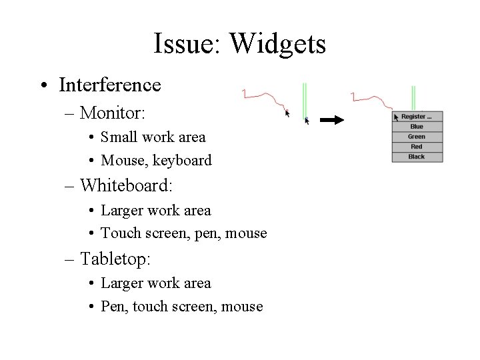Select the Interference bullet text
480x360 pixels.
pyautogui.click(x=109, y=85)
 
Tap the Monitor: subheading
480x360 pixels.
pyautogui.click(x=113, y=113)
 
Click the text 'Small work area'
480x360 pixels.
pyautogui.click(x=153, y=137)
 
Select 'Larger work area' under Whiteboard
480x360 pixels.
pyautogui.click(x=155, y=211)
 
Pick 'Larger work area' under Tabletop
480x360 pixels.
pyautogui.click(x=155, y=283)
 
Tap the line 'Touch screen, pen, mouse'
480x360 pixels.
pyautogui.click(x=183, y=233)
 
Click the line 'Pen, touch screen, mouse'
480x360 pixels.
pyautogui.click(x=181, y=307)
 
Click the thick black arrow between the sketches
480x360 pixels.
pyautogui.click(x=331, y=121)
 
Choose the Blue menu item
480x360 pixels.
pyautogui.click(x=417, y=127)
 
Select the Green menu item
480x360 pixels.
pyautogui.click(x=417, y=137)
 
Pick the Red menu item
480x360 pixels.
pyautogui.click(x=417, y=147)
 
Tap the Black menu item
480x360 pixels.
pyautogui.click(x=417, y=157)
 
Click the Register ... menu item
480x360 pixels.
pyautogui.click(x=419, y=117)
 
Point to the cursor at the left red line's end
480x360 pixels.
pyautogui.click(x=288, y=113)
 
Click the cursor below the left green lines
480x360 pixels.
pyautogui.click(x=307, y=121)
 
